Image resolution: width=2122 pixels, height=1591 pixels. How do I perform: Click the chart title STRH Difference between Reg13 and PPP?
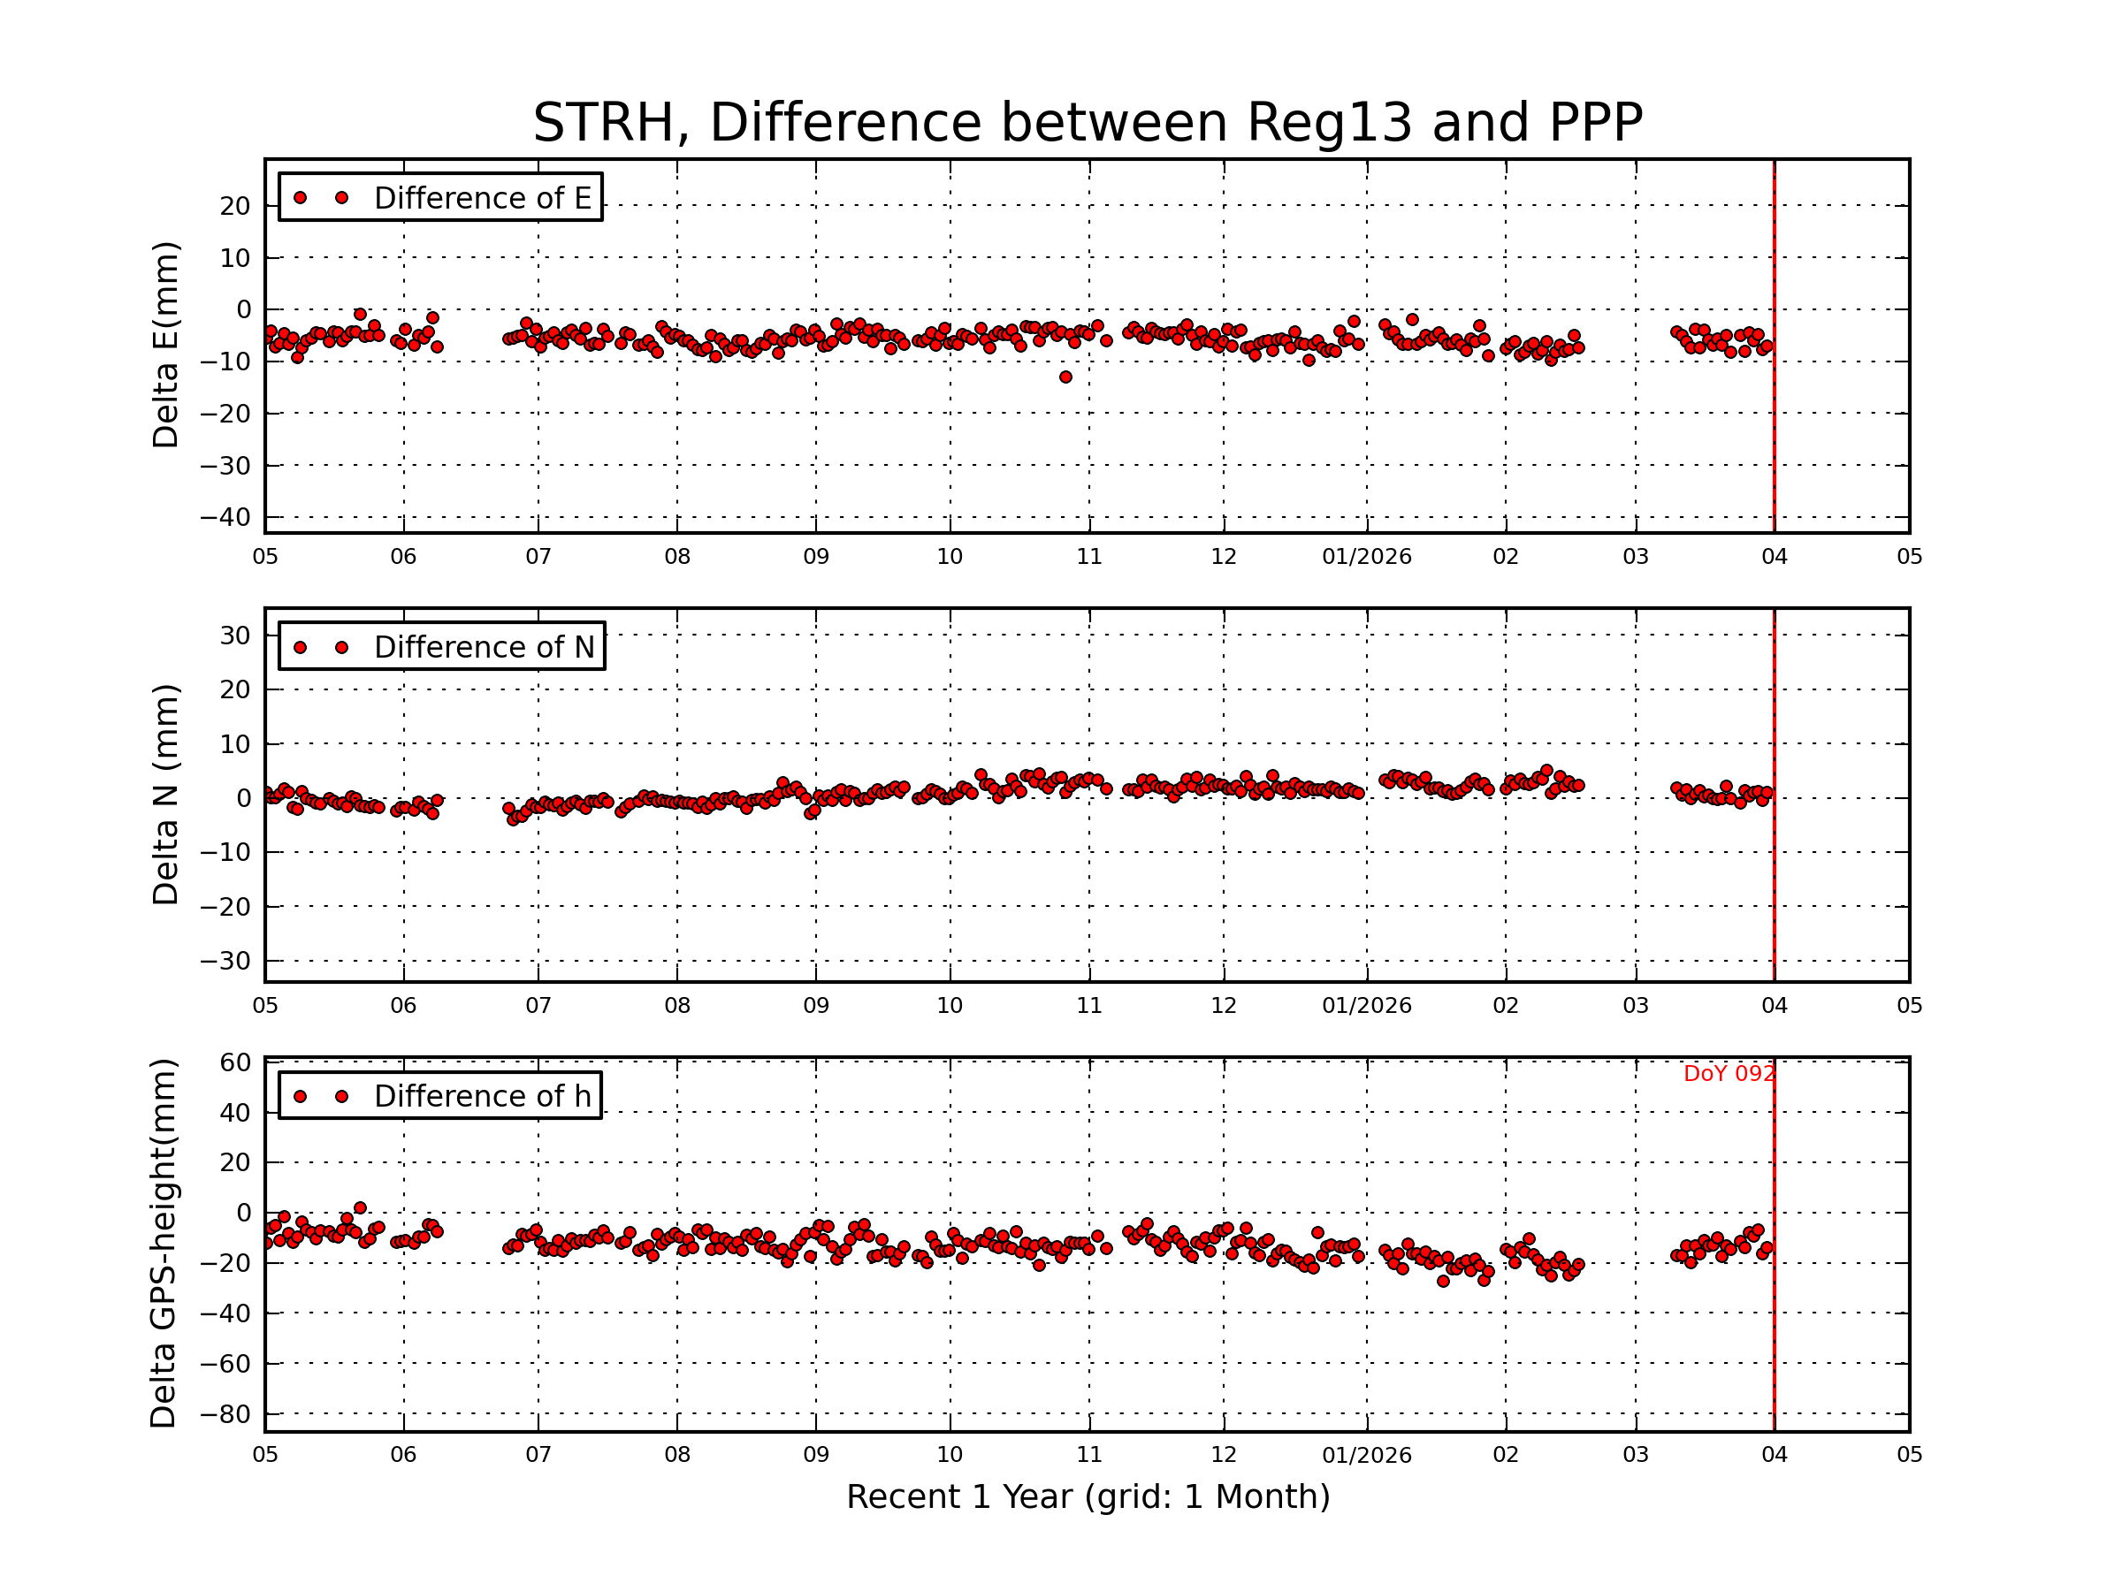pyautogui.click(x=1087, y=123)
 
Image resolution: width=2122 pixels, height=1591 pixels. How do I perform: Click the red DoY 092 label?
pyautogui.click(x=1729, y=1074)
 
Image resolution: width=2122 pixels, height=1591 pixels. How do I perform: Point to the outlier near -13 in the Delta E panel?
pyautogui.click(x=1065, y=377)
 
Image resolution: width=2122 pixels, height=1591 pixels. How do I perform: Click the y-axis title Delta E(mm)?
pyautogui.click(x=166, y=346)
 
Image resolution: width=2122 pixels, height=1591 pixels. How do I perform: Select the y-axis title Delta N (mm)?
pyautogui.click(x=166, y=794)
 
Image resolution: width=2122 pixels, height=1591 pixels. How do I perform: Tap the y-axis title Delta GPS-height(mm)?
pyautogui.click(x=164, y=1244)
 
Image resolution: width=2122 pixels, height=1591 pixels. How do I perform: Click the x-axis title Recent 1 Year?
pyautogui.click(x=1088, y=1497)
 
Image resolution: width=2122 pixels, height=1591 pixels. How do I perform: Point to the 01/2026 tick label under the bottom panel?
pyautogui.click(x=1366, y=1456)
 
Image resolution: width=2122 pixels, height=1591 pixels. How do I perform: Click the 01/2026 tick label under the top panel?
pyautogui.click(x=1366, y=557)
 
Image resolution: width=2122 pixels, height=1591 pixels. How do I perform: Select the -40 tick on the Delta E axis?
pyautogui.click(x=225, y=518)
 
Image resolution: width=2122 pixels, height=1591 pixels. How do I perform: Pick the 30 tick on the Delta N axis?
pyautogui.click(x=235, y=636)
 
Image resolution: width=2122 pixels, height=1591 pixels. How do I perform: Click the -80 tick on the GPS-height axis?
pyautogui.click(x=225, y=1414)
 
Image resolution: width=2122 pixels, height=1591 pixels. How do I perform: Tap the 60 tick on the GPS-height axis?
pyautogui.click(x=235, y=1062)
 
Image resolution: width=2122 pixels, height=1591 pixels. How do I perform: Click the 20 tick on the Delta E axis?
pyautogui.click(x=235, y=206)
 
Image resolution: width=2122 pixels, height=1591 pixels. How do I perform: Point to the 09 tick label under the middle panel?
pyautogui.click(x=815, y=1006)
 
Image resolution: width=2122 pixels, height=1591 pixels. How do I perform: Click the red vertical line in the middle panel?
pyautogui.click(x=1774, y=796)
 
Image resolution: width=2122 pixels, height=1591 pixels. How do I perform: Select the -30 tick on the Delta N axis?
pyautogui.click(x=225, y=961)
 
